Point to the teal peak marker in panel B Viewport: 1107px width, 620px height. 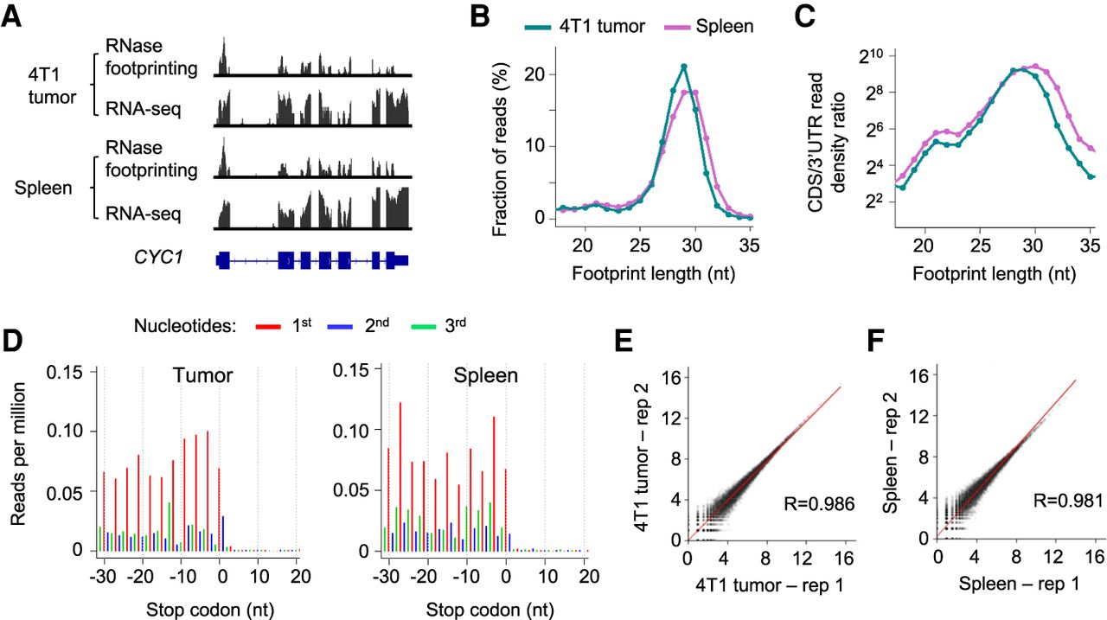(684, 67)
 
